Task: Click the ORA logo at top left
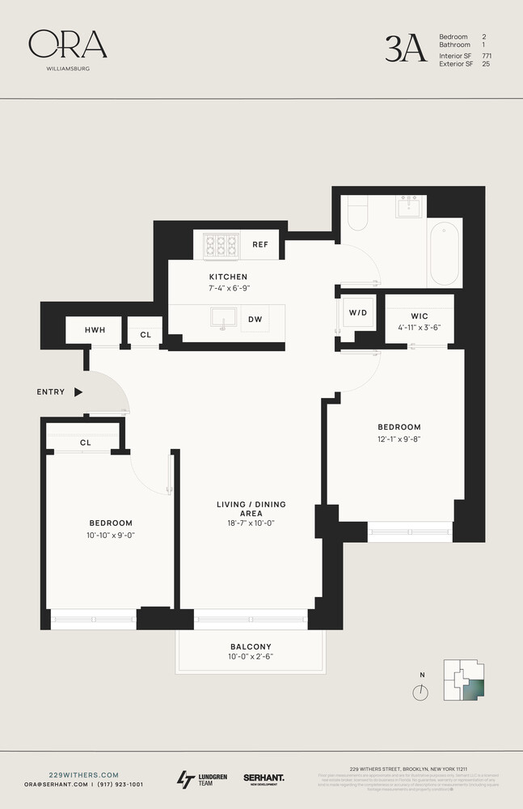tap(67, 45)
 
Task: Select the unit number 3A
tap(405, 49)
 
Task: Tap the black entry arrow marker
tap(78, 392)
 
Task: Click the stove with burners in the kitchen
tap(220, 244)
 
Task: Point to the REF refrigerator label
tap(259, 244)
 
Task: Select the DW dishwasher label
tap(255, 319)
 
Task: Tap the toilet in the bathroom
tap(356, 212)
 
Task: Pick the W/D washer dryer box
tap(357, 313)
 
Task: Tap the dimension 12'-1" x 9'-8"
tap(399, 439)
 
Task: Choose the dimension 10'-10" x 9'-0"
tap(110, 535)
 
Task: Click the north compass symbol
tap(420, 692)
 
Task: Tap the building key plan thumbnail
tap(464, 680)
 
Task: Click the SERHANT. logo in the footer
tap(264, 778)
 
